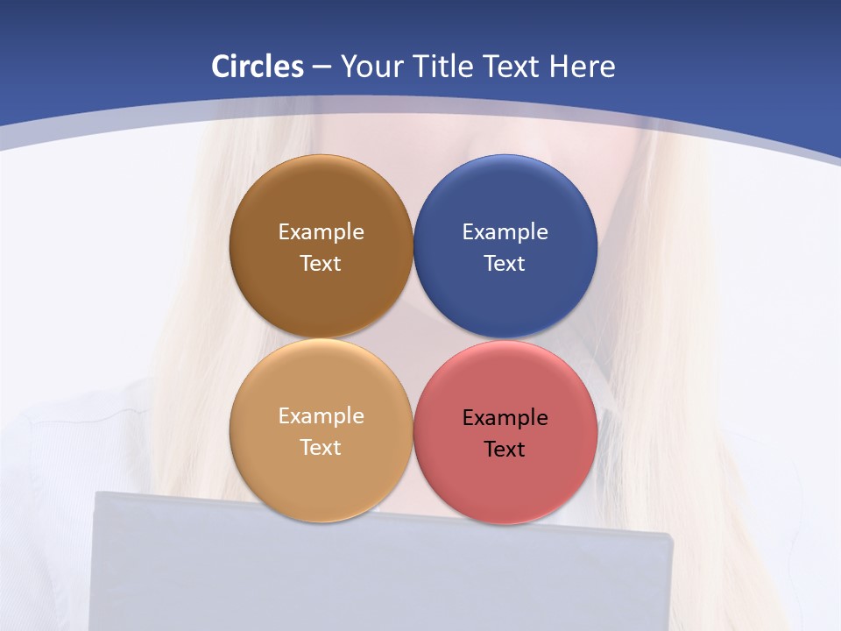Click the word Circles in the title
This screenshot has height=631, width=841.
click(258, 67)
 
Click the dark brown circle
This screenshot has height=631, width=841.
click(321, 202)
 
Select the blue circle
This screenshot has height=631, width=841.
click(505, 202)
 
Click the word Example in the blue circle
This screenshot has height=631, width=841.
click(505, 232)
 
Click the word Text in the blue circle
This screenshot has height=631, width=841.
click(505, 263)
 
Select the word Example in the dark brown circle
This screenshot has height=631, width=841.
click(321, 232)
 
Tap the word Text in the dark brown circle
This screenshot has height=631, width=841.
click(321, 263)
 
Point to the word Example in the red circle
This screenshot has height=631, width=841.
click(505, 418)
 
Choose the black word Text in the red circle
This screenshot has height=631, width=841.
click(505, 450)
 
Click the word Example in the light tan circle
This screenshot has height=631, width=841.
click(321, 416)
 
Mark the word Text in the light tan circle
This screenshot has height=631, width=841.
click(321, 447)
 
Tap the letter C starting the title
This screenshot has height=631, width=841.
click(221, 67)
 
